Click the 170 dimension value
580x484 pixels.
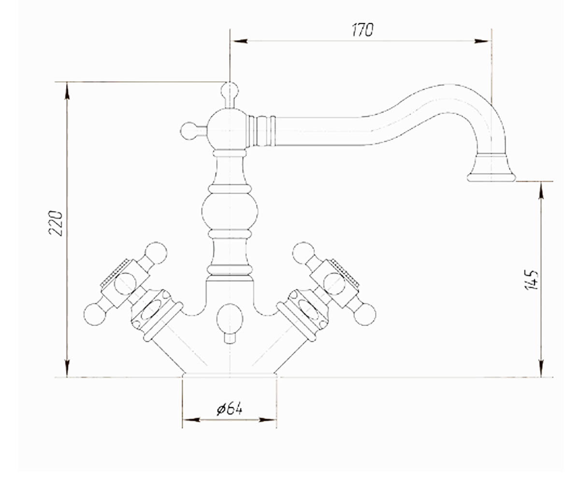(362, 30)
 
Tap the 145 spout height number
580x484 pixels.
(531, 280)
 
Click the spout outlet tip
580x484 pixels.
(491, 178)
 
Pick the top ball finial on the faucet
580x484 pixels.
(230, 90)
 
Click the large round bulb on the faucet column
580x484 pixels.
(230, 212)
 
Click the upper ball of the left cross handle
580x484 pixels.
(156, 253)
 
